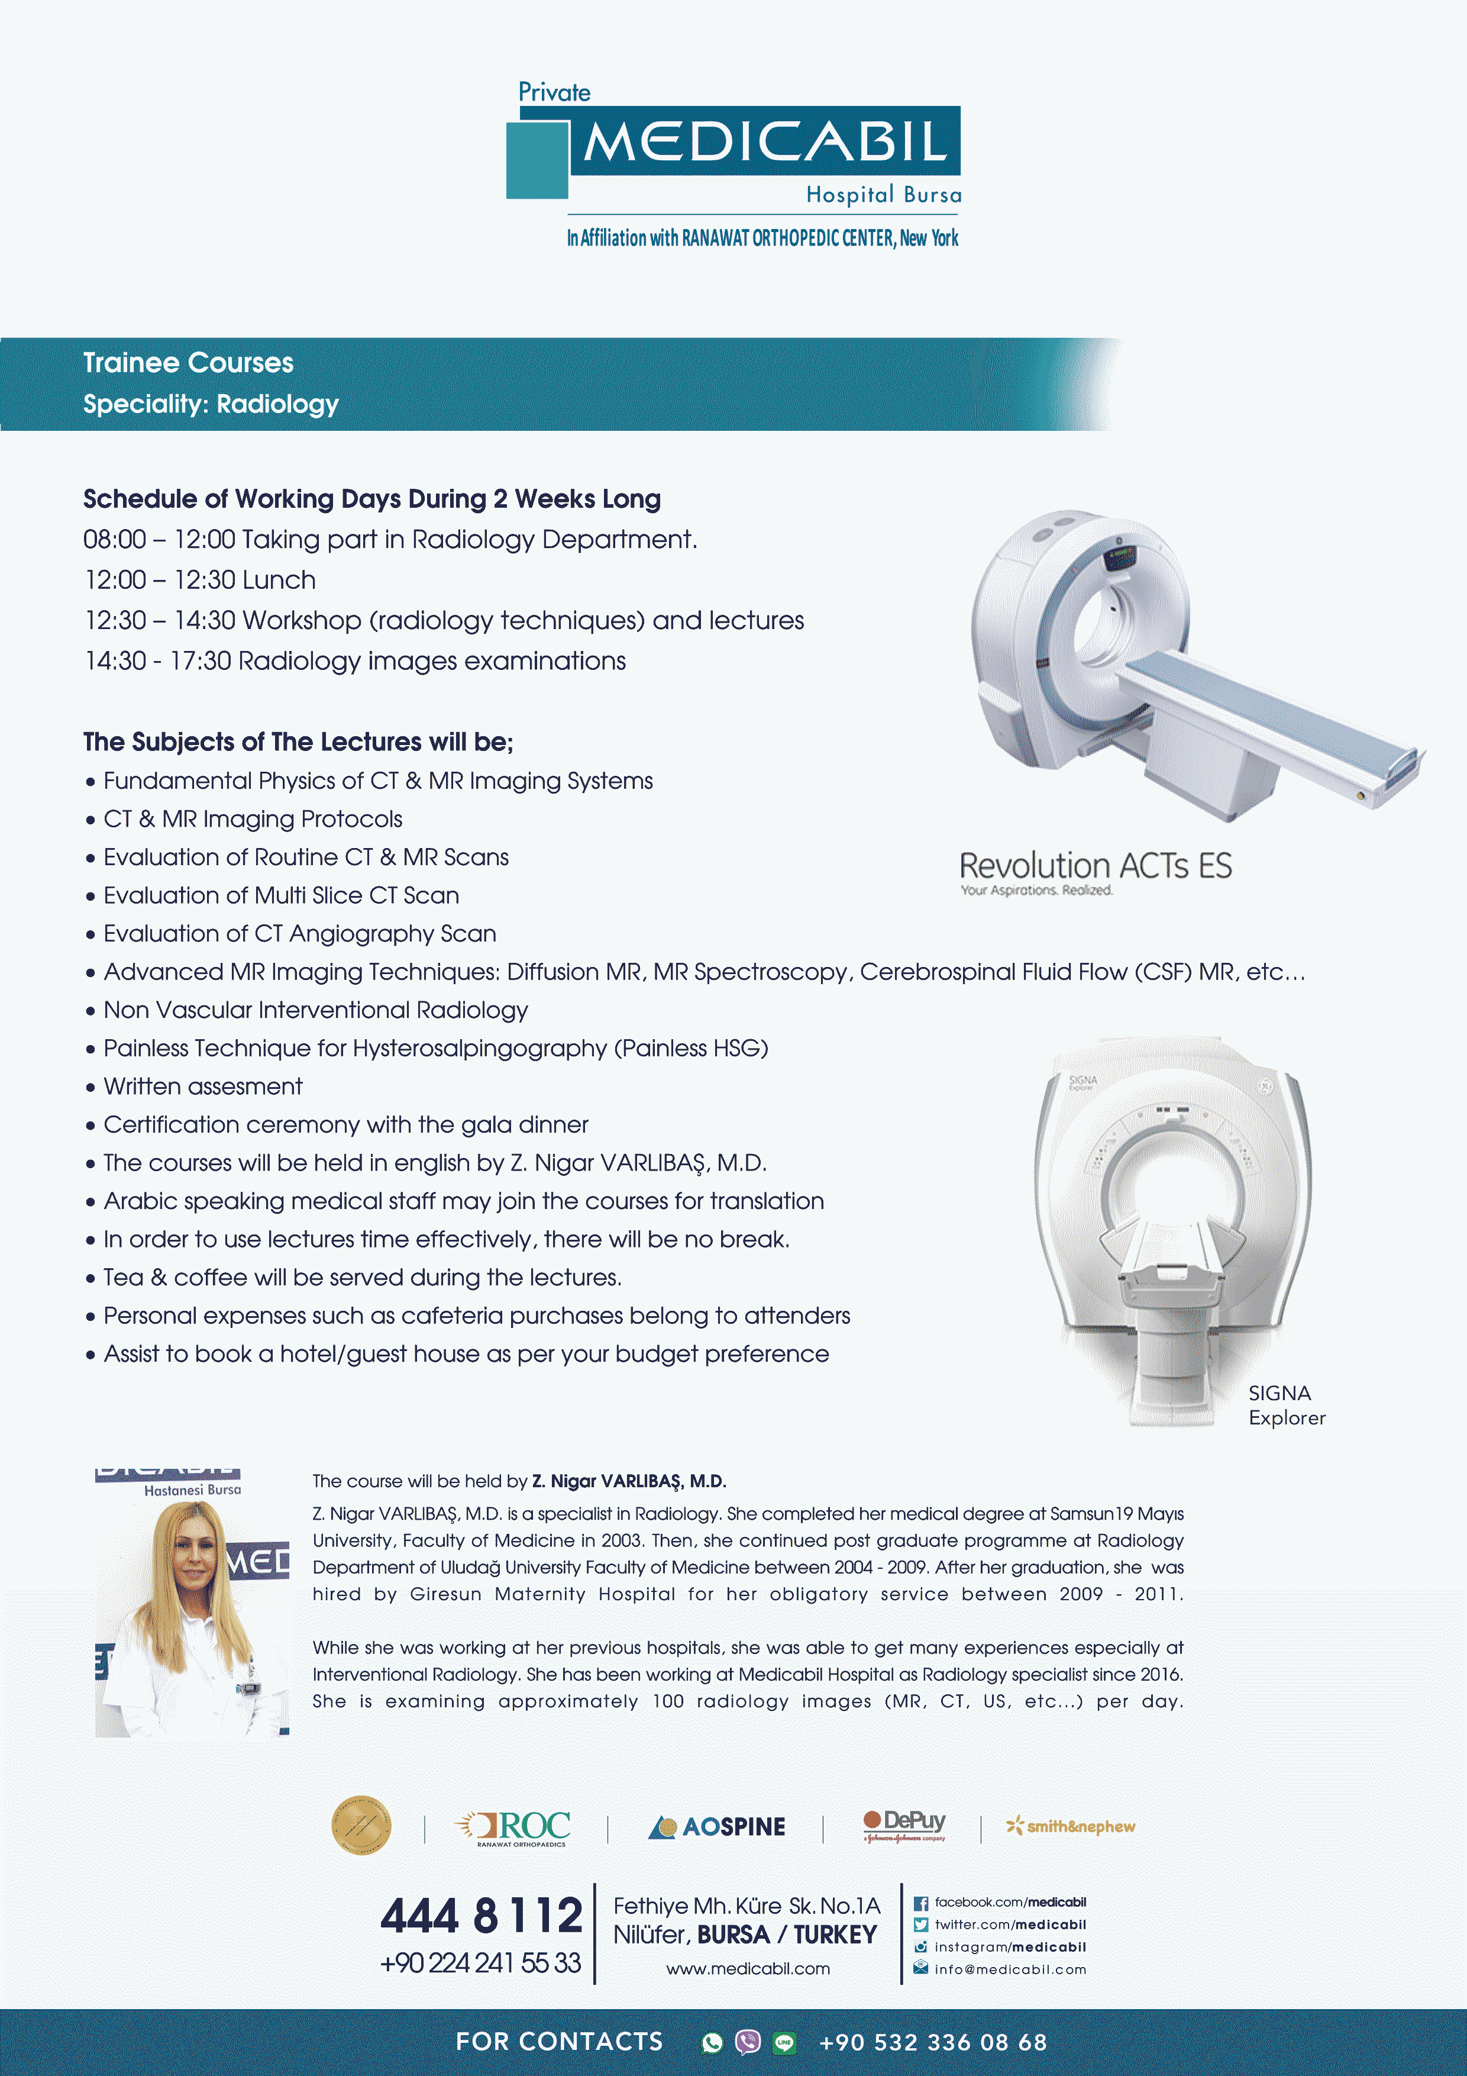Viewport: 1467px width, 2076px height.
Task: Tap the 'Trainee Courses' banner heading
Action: pyautogui.click(x=188, y=363)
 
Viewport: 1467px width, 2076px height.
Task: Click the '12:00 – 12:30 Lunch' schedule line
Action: pyautogui.click(x=200, y=579)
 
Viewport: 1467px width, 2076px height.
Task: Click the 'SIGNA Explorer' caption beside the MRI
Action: pyautogui.click(x=1285, y=1405)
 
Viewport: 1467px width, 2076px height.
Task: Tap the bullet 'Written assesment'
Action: pyautogui.click(x=202, y=1086)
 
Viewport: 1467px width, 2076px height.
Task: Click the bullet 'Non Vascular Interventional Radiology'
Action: pyautogui.click(x=315, y=1010)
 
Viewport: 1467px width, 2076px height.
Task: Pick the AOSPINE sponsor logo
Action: pyautogui.click(x=717, y=1826)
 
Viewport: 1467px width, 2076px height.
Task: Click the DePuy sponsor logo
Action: pyautogui.click(x=904, y=1824)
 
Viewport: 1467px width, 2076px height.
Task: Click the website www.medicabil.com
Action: pyautogui.click(x=748, y=1968)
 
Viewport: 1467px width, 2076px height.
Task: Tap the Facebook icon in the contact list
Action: pyautogui.click(x=920, y=1903)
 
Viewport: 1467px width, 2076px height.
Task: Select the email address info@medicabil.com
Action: pyautogui.click(x=1010, y=1969)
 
